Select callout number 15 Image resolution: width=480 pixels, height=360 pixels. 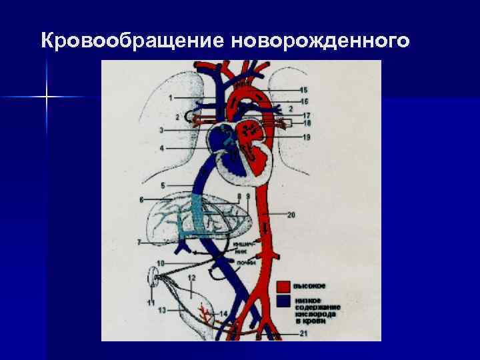[304, 90]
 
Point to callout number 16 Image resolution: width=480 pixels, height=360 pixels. [304, 101]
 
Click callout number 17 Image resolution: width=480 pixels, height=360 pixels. [306, 115]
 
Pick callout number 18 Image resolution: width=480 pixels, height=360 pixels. [306, 123]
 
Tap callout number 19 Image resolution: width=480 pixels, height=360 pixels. [306, 137]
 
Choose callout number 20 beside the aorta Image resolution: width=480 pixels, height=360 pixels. [291, 215]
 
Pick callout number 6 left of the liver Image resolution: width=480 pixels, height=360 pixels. [142, 199]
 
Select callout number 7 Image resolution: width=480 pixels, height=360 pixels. [139, 242]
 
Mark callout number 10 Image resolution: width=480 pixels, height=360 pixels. [160, 263]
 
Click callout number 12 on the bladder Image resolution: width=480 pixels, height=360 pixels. [191, 277]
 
